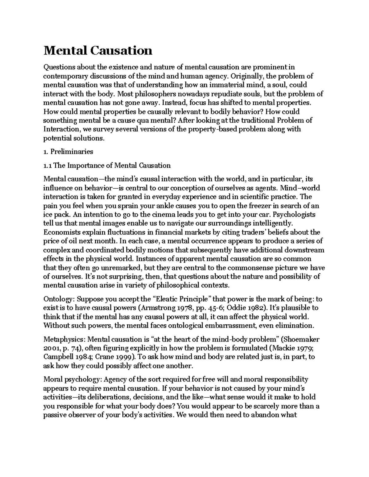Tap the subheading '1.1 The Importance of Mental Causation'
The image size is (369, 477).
(x=107, y=166)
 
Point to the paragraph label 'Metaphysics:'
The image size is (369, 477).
(x=65, y=339)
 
